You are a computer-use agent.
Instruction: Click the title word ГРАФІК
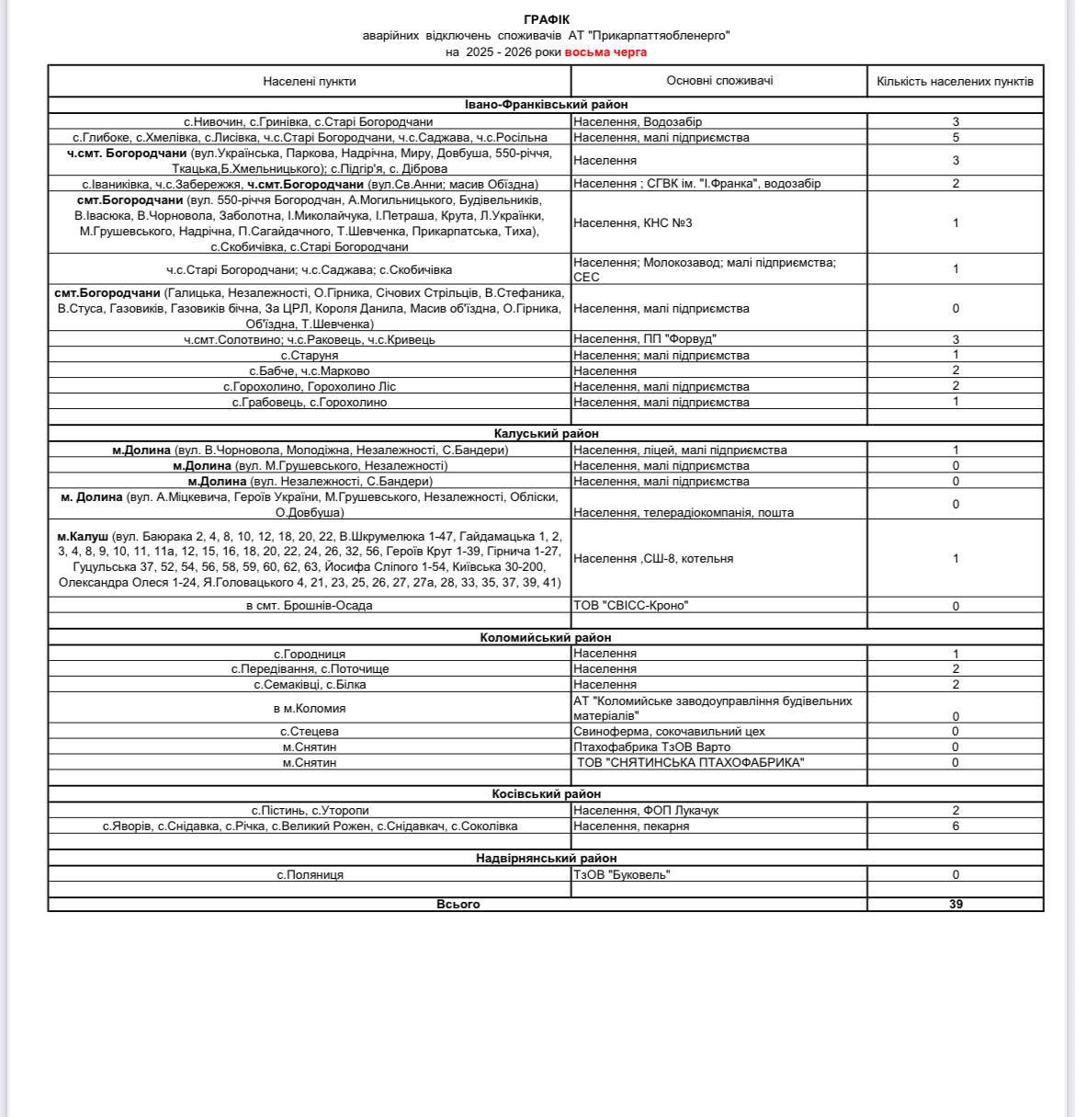pos(546,19)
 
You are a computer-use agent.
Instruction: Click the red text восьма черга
pos(605,51)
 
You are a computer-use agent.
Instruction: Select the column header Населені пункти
pos(310,81)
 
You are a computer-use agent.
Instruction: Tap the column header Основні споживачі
pos(719,80)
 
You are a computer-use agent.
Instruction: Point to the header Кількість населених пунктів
pos(955,81)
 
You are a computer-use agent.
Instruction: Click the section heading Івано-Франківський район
pos(546,105)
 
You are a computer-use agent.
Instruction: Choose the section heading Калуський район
pos(546,433)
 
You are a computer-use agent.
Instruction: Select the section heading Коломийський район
pos(546,637)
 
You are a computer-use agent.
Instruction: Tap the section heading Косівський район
pos(546,793)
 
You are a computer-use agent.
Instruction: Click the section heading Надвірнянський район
pos(546,858)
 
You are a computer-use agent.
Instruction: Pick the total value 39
pos(956,904)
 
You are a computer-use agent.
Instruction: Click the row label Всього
pos(458,904)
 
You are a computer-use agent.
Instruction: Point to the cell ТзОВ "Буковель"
pos(622,874)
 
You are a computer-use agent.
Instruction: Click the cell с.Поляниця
pos(311,874)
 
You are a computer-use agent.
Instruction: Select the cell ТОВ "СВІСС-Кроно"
pos(631,605)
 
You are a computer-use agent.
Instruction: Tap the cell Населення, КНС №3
pos(633,222)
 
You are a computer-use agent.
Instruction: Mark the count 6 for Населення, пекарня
pos(956,826)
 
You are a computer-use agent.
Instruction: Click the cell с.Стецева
pos(310,731)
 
